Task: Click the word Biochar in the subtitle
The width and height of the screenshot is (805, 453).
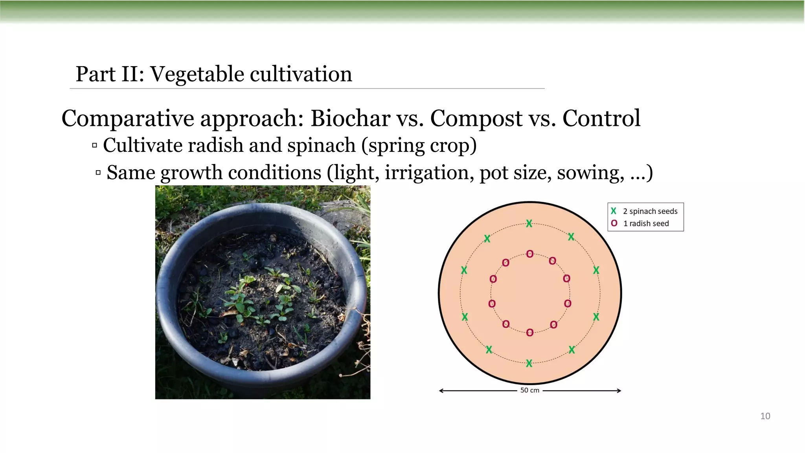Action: [349, 118]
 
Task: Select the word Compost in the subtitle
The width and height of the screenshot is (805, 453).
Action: [476, 118]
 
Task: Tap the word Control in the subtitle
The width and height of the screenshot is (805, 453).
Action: [601, 118]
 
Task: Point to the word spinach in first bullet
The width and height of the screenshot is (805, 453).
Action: [321, 145]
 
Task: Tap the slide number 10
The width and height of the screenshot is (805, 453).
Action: [765, 416]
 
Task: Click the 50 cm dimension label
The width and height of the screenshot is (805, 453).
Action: [529, 390]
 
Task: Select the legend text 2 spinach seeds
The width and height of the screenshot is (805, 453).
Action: [650, 211]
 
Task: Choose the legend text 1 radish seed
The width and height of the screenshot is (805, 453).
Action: [646, 223]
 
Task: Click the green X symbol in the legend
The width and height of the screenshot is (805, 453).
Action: [614, 211]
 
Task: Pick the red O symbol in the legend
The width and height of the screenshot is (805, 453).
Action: [614, 223]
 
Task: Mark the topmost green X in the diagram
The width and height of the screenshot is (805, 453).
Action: [529, 223]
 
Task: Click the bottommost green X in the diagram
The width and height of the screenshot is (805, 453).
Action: [529, 363]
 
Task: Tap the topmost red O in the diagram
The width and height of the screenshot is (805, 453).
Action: [530, 254]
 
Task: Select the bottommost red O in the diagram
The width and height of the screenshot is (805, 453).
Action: [530, 333]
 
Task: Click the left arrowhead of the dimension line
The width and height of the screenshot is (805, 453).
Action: [441, 390]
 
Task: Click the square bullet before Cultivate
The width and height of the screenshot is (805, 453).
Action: [94, 145]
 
